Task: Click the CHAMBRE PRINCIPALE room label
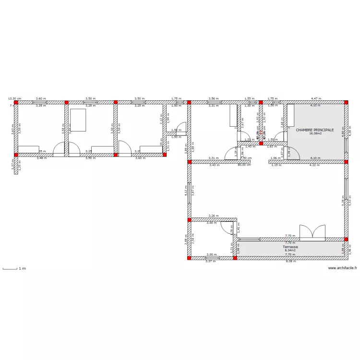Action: (315, 130)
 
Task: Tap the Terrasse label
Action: (290, 247)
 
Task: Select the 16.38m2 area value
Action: (315, 134)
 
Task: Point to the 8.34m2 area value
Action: (290, 250)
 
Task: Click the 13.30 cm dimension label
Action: (14, 98)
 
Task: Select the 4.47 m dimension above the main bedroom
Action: (315, 98)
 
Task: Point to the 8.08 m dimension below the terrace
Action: (291, 261)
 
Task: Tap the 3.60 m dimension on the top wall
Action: (40, 98)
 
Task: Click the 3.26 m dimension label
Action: (213, 216)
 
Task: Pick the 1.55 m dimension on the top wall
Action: (249, 98)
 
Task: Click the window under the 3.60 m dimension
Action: (40, 102)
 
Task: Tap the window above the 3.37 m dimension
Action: (211, 258)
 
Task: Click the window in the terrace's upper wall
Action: (250, 239)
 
